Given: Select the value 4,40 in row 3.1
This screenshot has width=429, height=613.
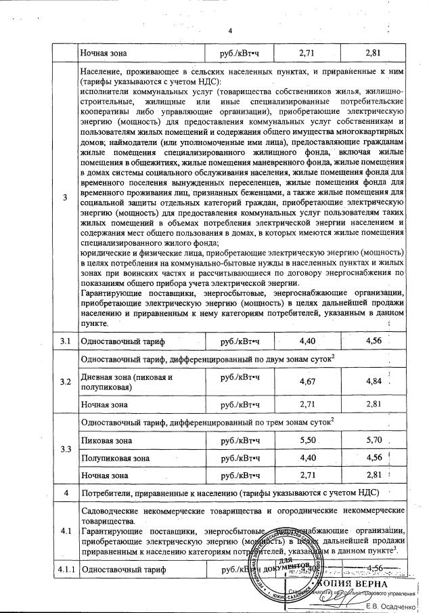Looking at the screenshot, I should click(307, 340).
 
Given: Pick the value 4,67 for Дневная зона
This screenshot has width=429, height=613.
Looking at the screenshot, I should click(307, 382).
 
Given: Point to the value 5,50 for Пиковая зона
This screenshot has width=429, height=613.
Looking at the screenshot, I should click(307, 440).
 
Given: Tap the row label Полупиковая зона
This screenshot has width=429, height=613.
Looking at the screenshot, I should click(114, 458).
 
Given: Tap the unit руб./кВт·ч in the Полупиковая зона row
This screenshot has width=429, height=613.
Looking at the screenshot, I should click(240, 458).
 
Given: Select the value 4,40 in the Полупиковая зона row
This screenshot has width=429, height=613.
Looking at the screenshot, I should click(307, 458).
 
